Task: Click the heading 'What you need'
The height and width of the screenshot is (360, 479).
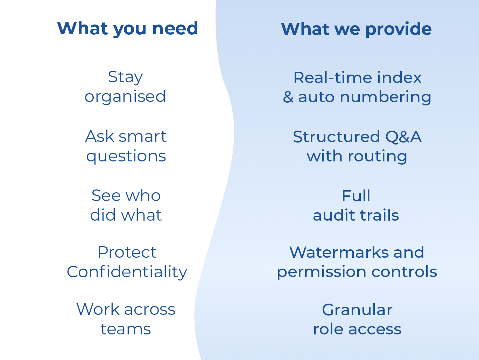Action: pos(128,29)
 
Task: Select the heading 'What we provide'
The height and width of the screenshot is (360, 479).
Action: pos(356,29)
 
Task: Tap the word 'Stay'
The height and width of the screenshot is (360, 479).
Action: pos(126,77)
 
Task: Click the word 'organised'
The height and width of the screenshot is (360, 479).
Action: pos(125,97)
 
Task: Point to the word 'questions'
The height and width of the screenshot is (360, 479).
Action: pos(126,156)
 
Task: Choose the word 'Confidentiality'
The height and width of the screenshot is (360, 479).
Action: pos(127,272)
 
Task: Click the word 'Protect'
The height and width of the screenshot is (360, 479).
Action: pos(127,252)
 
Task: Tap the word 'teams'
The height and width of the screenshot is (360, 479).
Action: pos(126,329)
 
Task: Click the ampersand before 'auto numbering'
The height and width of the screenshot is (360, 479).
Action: pos(288,97)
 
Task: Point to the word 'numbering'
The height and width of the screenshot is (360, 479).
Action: pos(385,97)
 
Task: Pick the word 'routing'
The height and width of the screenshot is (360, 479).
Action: pos(377,157)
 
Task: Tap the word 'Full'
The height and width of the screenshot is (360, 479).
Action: pos(356,196)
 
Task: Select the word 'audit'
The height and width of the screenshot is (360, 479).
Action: pos(334,215)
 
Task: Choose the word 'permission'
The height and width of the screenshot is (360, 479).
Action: pos(322,272)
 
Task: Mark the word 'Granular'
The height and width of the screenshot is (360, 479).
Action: pos(357,310)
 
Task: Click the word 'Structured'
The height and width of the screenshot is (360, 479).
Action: pos(337,137)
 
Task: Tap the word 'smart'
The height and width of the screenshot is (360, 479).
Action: pos(143,137)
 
